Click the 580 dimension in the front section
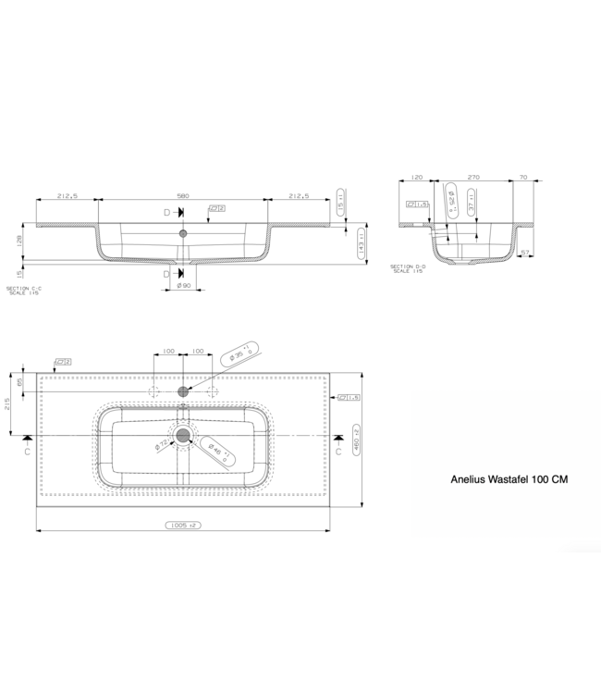click(182, 196)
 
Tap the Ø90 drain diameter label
click(183, 286)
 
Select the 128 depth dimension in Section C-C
click(18, 242)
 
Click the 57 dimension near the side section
click(524, 251)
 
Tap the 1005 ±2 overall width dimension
click(183, 525)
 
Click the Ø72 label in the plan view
click(162, 447)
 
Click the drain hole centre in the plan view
click(183, 435)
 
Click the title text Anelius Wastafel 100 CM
click(508, 481)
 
